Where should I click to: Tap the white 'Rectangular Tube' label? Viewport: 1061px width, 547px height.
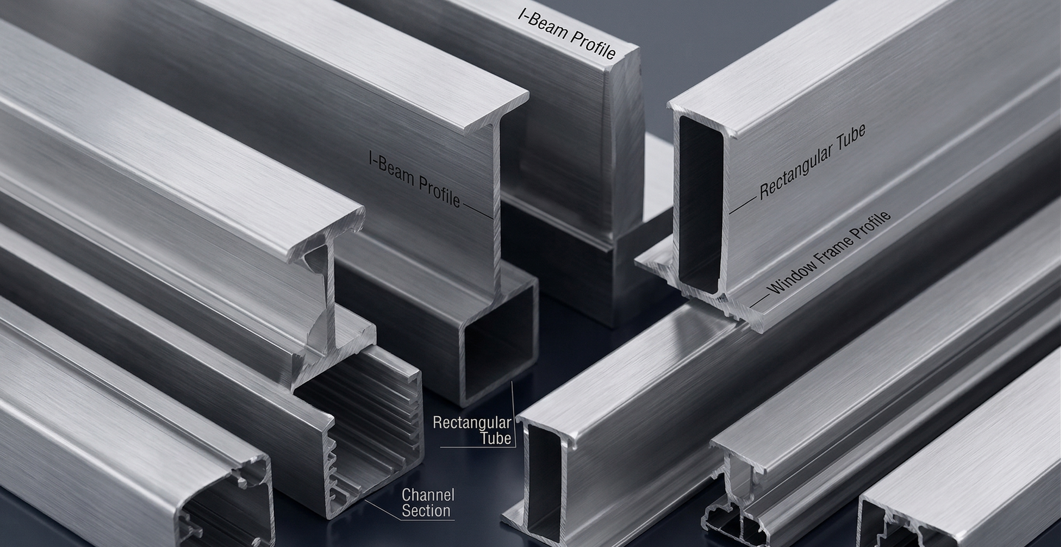(472, 430)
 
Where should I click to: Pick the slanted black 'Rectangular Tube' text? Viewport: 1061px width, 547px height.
(812, 163)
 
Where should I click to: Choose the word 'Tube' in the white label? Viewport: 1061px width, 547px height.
(496, 438)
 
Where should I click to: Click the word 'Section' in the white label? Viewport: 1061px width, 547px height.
(426, 510)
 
